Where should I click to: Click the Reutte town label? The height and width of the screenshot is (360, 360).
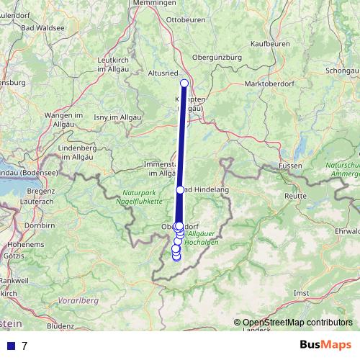point(296,195)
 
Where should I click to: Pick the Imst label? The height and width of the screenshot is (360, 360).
point(302,294)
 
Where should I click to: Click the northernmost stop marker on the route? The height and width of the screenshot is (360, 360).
point(184,84)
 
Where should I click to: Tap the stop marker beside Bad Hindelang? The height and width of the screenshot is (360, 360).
point(180,190)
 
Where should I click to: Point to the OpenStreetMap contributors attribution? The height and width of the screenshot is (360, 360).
point(297,322)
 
